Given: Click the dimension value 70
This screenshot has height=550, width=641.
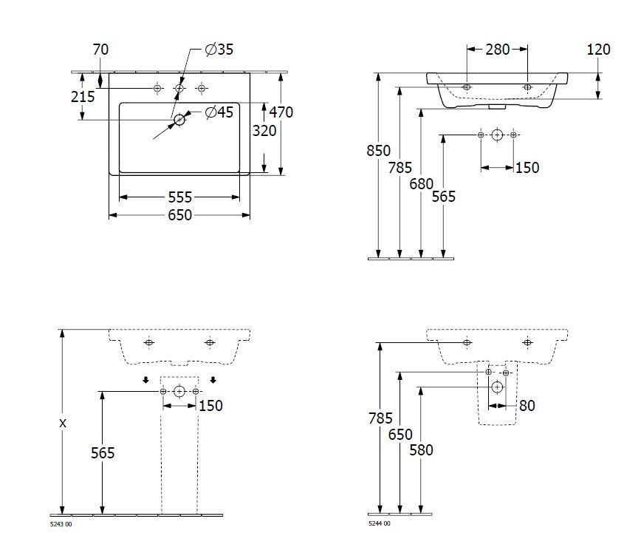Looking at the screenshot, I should pyautogui.click(x=100, y=50).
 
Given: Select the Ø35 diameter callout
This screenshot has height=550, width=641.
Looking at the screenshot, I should pyautogui.click(x=219, y=50).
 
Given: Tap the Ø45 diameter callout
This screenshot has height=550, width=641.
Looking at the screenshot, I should pyautogui.click(x=219, y=112).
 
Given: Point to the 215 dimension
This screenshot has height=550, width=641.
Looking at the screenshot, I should pyautogui.click(x=82, y=97).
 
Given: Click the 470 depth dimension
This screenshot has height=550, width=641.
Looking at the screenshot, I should pyautogui.click(x=281, y=112).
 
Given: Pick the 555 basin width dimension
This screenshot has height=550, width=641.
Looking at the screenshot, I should pyautogui.click(x=179, y=197).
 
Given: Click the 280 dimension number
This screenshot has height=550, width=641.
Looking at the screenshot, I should pyautogui.click(x=497, y=50).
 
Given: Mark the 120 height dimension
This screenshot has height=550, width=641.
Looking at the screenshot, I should pyautogui.click(x=598, y=50).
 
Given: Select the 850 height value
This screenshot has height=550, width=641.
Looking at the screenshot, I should pyautogui.click(x=378, y=151).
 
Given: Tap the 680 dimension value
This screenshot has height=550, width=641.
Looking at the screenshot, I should pyautogui.click(x=421, y=184).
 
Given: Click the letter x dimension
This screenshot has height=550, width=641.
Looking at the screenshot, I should pyautogui.click(x=63, y=424).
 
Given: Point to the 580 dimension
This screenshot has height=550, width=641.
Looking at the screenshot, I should pyautogui.click(x=421, y=449).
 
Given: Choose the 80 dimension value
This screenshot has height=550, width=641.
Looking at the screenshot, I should pyautogui.click(x=527, y=406).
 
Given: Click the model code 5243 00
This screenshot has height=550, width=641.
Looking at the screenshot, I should pyautogui.click(x=61, y=524).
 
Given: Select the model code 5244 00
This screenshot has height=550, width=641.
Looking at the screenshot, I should pyautogui.click(x=380, y=524).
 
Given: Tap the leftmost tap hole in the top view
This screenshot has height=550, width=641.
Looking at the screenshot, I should pyautogui.click(x=157, y=89).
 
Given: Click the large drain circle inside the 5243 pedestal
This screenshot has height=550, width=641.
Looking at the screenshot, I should pyautogui.click(x=179, y=391).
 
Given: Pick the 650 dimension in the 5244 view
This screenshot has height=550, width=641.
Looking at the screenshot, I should pyautogui.click(x=400, y=435).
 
